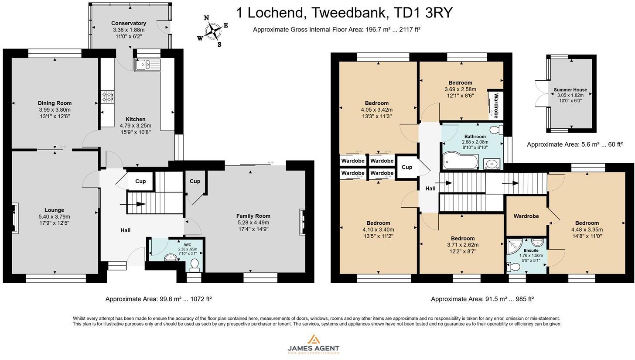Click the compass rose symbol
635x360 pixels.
(213, 31)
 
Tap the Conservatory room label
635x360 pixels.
(128, 23)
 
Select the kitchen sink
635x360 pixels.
(147, 65)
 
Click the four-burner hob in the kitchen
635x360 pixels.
(108, 96)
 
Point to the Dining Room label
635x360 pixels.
(55, 103)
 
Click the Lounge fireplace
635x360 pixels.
(15, 218)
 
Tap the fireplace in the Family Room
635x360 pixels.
(302, 222)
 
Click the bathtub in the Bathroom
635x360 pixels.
(461, 161)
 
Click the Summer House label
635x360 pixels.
(570, 89)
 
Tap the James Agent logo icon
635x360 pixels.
(314, 339)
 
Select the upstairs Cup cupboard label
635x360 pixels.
(407, 167)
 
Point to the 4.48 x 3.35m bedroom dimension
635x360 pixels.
(587, 230)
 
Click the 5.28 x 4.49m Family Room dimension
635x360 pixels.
(253, 223)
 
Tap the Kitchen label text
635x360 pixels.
(136, 119)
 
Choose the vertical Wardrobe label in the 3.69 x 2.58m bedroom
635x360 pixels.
(496, 106)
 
